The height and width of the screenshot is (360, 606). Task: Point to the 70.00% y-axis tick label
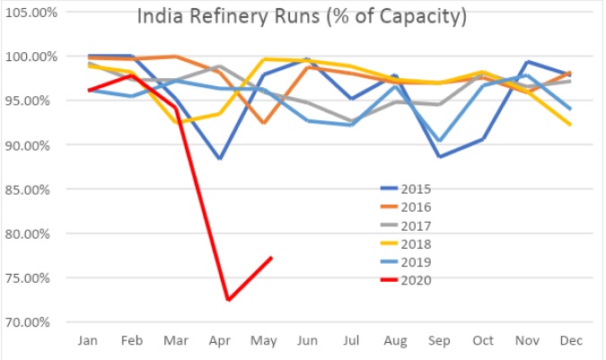(x=31, y=321)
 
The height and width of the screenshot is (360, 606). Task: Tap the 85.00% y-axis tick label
(x=31, y=189)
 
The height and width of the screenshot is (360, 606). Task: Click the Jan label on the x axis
(x=89, y=342)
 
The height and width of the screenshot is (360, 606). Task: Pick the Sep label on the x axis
(x=440, y=342)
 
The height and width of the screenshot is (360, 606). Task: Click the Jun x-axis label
(x=308, y=342)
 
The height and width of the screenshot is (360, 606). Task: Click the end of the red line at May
(x=271, y=258)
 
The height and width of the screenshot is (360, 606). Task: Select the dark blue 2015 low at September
(x=440, y=156)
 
